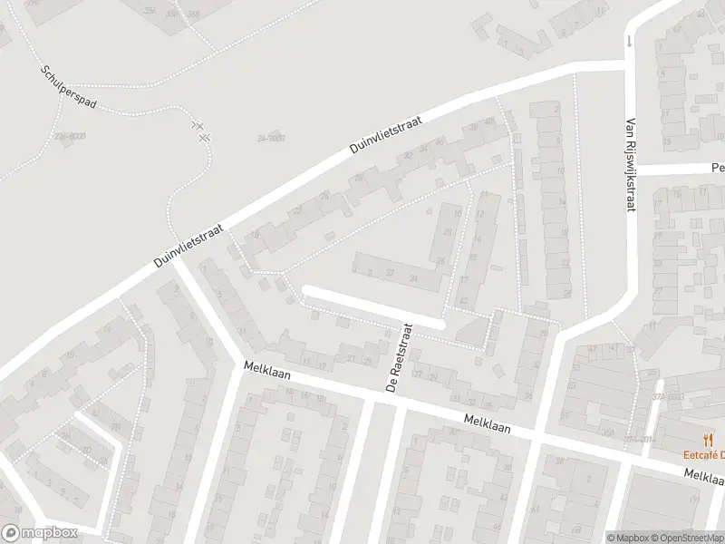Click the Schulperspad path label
(x=68, y=86)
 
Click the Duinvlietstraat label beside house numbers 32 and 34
(x=400, y=135)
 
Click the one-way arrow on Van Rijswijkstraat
(x=628, y=41)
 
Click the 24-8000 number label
(x=270, y=138)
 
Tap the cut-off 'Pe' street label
(x=717, y=168)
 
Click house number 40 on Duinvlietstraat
(x=488, y=121)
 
